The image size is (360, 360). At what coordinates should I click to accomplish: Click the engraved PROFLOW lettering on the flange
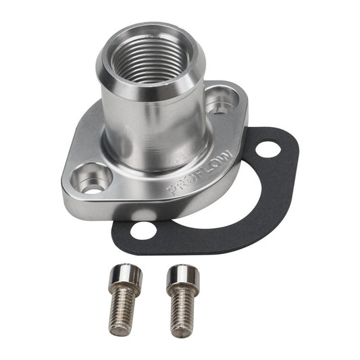[x=201, y=172]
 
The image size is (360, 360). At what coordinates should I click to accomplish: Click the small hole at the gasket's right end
[x=268, y=149]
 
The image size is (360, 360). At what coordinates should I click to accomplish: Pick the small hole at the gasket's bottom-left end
[x=144, y=230]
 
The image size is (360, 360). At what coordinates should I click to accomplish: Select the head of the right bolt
[x=183, y=279]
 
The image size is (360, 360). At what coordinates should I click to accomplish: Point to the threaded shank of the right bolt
[x=181, y=312]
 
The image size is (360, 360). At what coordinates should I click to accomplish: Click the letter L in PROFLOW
[x=209, y=167]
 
